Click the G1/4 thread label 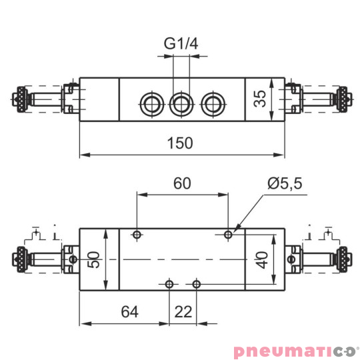coord(181,44)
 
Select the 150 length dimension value coord(181,143)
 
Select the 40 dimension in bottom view coord(265,259)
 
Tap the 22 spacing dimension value coord(183,311)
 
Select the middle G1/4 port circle coord(181,103)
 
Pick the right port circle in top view coord(212,103)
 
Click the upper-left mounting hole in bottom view coord(137,234)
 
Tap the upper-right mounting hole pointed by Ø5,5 coord(229,234)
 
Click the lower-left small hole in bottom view coord(170,285)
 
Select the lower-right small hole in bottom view coord(196,285)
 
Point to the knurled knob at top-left coord(21,100)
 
